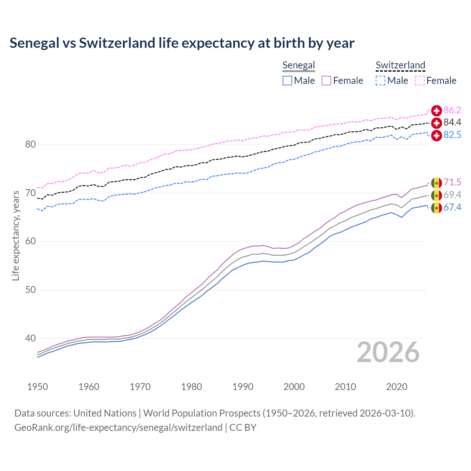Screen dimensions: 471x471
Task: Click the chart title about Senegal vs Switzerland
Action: [x=182, y=43]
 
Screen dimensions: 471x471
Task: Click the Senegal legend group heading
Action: [x=298, y=65]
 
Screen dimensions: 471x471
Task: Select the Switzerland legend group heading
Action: [x=400, y=65]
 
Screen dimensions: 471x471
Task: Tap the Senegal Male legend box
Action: [x=287, y=81]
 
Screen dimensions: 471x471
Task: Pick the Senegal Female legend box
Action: [x=326, y=81]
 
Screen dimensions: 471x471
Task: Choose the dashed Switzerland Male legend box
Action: [x=380, y=81]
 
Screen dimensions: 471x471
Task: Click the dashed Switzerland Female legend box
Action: [x=420, y=81]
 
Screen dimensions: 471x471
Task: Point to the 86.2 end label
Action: [x=452, y=110]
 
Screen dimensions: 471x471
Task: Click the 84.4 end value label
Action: [x=452, y=123]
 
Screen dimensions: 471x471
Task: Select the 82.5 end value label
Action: [x=452, y=135]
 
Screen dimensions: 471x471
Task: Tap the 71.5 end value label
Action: [x=452, y=182]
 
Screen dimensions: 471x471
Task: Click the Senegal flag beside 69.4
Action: [x=436, y=195]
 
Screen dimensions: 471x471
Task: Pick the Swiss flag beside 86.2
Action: [x=436, y=110]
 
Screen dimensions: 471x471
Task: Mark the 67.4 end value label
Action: [x=452, y=208]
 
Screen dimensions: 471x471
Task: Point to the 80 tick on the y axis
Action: [x=31, y=144]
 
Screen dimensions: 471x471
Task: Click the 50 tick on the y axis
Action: [x=31, y=290]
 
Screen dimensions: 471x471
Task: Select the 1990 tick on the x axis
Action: [x=243, y=387]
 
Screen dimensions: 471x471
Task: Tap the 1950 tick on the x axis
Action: [x=38, y=387]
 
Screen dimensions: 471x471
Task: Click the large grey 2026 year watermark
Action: [x=388, y=352]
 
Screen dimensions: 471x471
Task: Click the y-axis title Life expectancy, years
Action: [x=15, y=235]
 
